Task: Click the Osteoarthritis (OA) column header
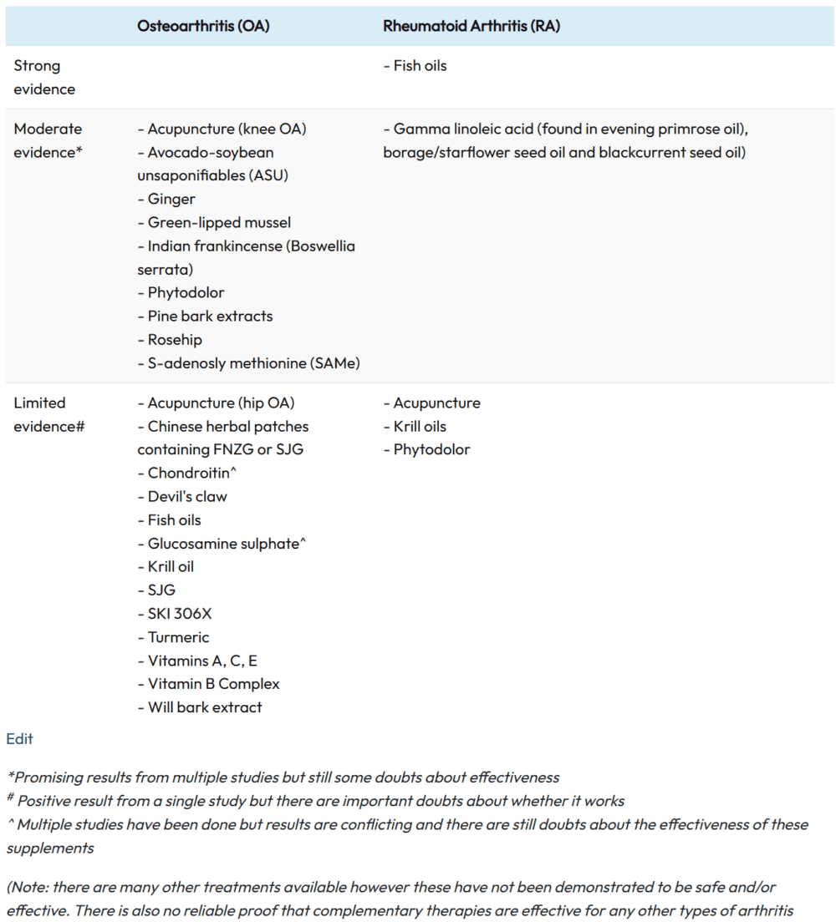203,26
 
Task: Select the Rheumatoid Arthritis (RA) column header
472,26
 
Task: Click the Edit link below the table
19,738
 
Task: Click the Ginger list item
171,199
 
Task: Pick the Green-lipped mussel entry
219,222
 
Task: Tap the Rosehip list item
175,339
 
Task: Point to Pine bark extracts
210,316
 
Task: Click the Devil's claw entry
187,496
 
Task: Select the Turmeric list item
178,636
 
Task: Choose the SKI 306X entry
180,613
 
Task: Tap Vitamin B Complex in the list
213,683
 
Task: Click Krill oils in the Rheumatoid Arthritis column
420,426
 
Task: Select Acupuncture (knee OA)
227,129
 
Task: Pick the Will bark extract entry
205,707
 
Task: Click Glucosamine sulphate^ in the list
227,543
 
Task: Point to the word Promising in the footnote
48,777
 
